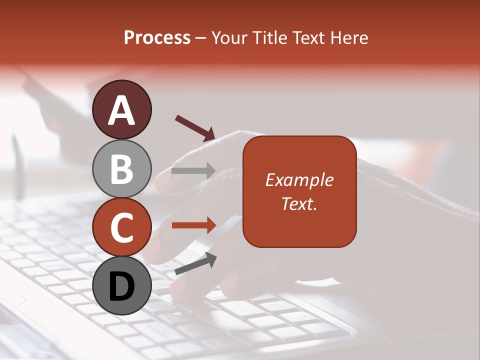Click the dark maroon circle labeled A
(122, 109)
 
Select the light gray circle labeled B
(122, 168)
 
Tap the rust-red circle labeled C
(122, 227)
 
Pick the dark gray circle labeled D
(122, 285)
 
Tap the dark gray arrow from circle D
(195, 263)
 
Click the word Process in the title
(157, 38)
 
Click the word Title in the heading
(268, 38)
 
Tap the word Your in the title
(227, 38)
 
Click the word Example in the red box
(299, 180)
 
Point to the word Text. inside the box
(299, 203)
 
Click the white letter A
(122, 110)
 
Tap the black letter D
(122, 287)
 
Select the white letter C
(122, 228)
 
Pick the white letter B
(122, 169)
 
